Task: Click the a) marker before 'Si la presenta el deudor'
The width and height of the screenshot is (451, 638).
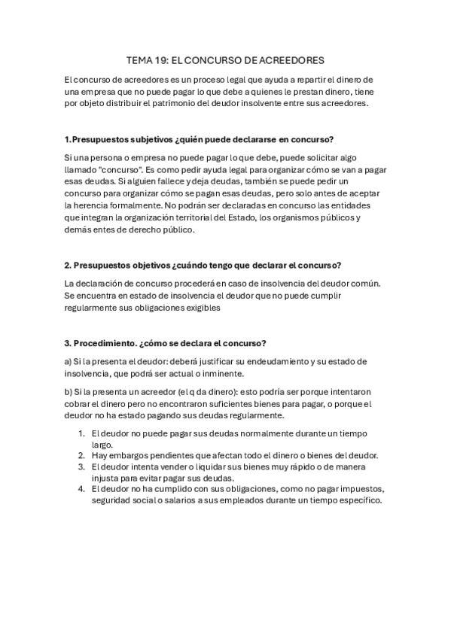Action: (69, 361)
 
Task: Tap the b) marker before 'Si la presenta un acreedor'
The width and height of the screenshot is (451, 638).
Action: (69, 391)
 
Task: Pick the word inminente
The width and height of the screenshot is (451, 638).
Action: (221, 373)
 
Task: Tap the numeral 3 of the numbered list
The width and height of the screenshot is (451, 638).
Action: (81, 466)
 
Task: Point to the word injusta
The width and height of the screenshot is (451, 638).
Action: (105, 478)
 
